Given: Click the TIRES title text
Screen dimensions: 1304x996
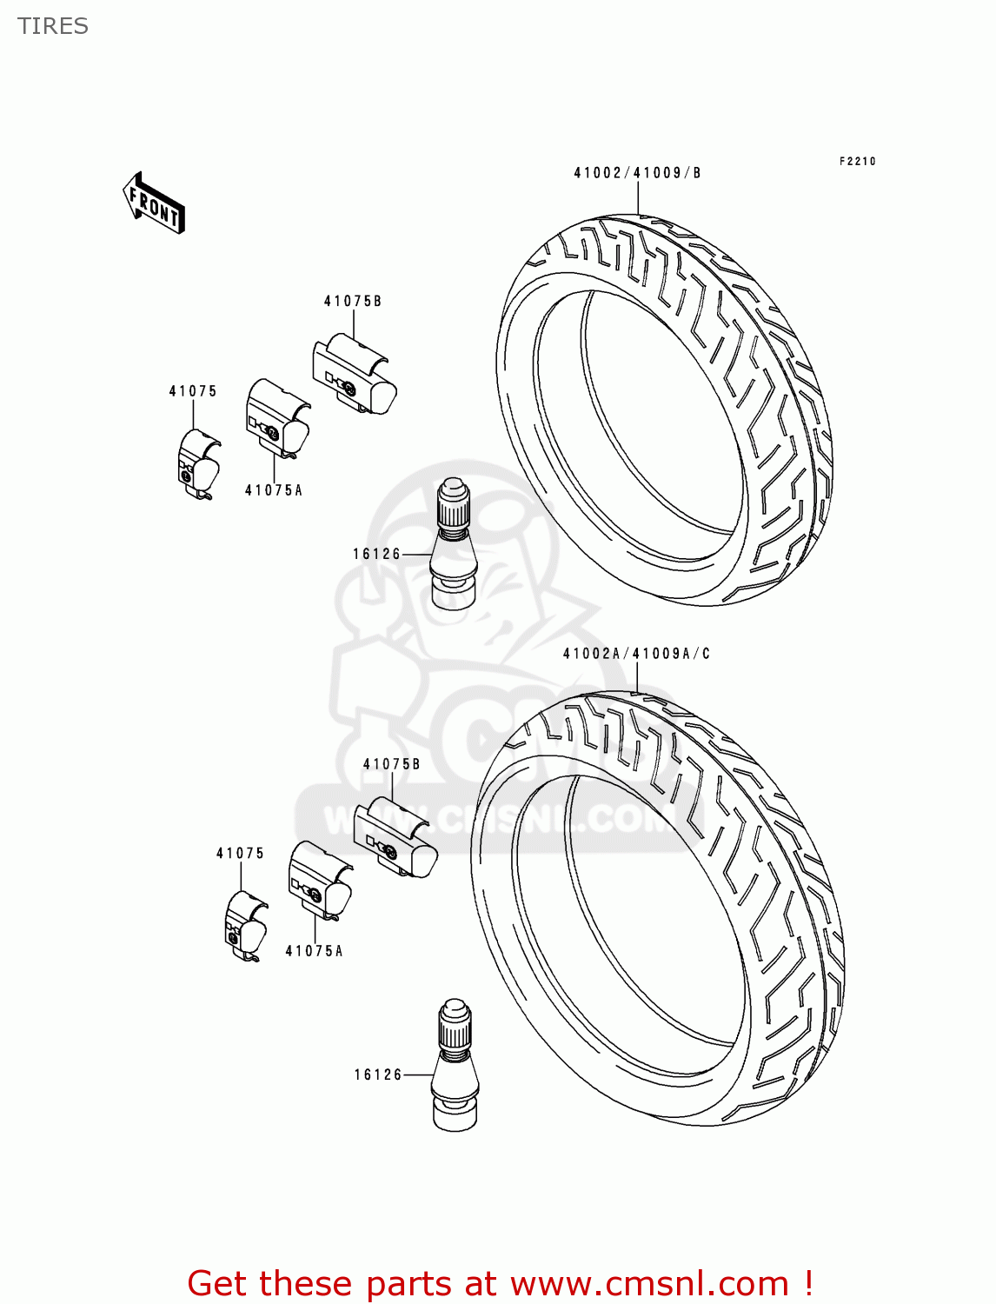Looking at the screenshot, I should tap(53, 26).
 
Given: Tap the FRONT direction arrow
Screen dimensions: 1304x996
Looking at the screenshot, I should tap(154, 203).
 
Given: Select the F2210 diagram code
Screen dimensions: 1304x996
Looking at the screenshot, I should tap(857, 162).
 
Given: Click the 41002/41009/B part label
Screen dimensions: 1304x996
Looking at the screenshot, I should tap(637, 173).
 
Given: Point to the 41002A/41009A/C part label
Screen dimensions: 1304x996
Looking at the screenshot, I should tap(636, 654).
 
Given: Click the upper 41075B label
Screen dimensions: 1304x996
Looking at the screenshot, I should tap(353, 302).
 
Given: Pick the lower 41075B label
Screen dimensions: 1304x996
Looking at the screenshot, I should tap(391, 764).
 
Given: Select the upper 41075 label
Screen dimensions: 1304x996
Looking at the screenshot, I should tap(193, 391).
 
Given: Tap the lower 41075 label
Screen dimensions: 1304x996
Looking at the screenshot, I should tap(240, 854).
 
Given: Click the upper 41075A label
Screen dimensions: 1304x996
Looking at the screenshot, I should tap(274, 490).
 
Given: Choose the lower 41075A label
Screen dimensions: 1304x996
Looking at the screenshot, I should tap(314, 951).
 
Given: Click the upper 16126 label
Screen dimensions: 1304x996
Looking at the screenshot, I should tap(376, 554).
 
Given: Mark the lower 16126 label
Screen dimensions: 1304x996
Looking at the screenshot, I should tap(378, 1075).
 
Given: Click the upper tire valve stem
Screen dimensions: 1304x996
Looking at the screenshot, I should tap(453, 544).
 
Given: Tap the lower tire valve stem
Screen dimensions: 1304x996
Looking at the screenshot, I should tap(455, 1067).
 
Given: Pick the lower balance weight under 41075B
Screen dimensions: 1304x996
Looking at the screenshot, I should tap(395, 835).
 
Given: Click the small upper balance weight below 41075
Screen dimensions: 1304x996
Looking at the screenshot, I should tap(198, 466).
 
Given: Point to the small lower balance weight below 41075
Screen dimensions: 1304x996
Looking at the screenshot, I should tap(245, 928).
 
